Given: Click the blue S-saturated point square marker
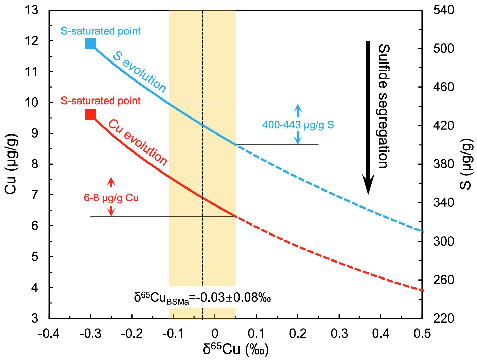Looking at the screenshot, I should pyautogui.click(x=90, y=44).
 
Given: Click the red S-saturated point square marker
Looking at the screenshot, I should pyautogui.click(x=90, y=115).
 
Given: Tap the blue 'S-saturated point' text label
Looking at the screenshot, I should pyautogui.click(x=101, y=31).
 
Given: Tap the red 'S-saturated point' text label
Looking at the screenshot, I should pyautogui.click(x=101, y=101).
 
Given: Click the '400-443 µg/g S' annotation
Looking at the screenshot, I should pyautogui.click(x=298, y=125).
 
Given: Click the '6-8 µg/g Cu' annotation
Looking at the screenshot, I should pyautogui.click(x=111, y=198).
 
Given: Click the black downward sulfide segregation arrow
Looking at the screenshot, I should pyautogui.click(x=368, y=117).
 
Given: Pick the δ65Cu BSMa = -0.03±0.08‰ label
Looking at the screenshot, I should pyautogui.click(x=202, y=298).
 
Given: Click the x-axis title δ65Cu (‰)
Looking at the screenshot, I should pyautogui.click(x=235, y=349).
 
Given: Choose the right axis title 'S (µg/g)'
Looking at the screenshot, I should pyautogui.click(x=466, y=164).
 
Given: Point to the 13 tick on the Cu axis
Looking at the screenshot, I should pyautogui.click(x=31, y=10).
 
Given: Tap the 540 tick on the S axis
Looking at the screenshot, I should pyautogui.click(x=443, y=10).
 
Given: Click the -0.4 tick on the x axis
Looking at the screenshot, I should pyautogui.click(x=49, y=334).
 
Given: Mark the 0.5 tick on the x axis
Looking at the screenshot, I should pyautogui.click(x=422, y=334).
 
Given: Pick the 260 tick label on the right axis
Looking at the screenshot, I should pyautogui.click(x=443, y=280).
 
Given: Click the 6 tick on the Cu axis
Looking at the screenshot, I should pyautogui.click(x=35, y=226).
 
